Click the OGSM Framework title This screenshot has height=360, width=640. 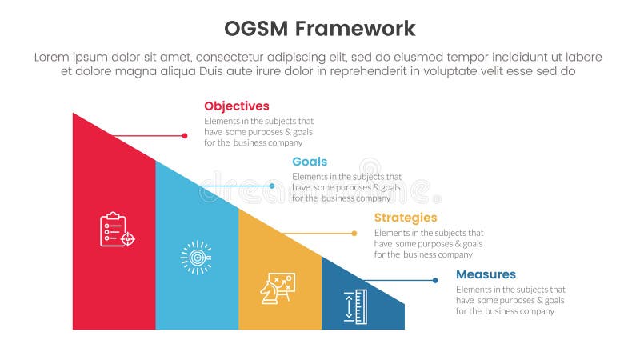pos(320,29)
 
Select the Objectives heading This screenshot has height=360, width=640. pos(236,106)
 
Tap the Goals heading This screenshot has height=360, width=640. pos(309,162)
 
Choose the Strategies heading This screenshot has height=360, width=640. pos(406,218)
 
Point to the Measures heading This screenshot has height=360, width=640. pos(486,274)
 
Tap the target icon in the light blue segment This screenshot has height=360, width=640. pos(196,258)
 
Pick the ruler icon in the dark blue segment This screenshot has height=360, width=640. pos(355,306)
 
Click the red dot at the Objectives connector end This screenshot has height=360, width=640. pos(185,137)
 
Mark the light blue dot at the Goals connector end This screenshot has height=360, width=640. pos(272,186)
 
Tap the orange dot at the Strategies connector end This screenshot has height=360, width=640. pos(354,234)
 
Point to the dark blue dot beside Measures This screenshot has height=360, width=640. pos(435,280)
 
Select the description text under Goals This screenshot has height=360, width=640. pos(346,187)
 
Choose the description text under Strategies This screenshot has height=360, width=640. pos(429,243)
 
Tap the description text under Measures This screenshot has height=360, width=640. pos(510,300)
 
